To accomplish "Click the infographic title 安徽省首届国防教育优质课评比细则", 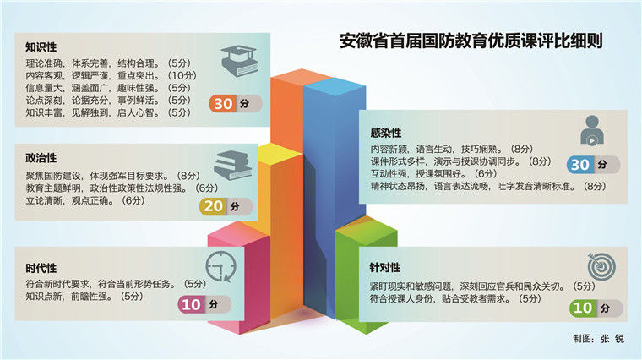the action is pyautogui.click(x=471, y=41).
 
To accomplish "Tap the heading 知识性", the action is pyautogui.click(x=41, y=47).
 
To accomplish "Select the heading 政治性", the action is pyautogui.click(x=41, y=158).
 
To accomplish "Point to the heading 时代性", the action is pyautogui.click(x=41, y=268).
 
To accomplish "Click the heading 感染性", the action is pyautogui.click(x=386, y=133).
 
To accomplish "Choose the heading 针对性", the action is pyautogui.click(x=385, y=267).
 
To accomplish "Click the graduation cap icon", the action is pyautogui.click(x=240, y=62).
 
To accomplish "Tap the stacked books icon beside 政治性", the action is pyautogui.click(x=232, y=166).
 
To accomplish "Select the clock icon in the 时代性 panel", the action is pyautogui.click(x=220, y=267).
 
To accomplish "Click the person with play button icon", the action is pyautogui.click(x=592, y=131).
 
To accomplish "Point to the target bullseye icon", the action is pyautogui.click(x=601, y=266).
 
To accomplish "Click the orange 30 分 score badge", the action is pyautogui.click(x=236, y=104).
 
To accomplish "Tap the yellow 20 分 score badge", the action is pyautogui.click(x=226, y=206).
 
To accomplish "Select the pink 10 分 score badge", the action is pyautogui.click(x=204, y=305).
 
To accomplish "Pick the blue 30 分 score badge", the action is pyautogui.click(x=593, y=165).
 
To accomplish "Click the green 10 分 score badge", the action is pyautogui.click(x=596, y=308).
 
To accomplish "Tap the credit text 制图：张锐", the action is pyautogui.click(x=599, y=338).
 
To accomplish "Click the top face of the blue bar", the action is pyautogui.click(x=335, y=86).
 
